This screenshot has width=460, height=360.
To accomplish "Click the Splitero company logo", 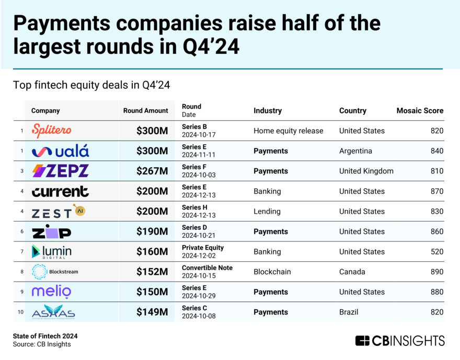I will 51,131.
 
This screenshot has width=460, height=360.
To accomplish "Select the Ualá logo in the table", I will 60,151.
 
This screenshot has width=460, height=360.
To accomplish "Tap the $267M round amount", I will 152,171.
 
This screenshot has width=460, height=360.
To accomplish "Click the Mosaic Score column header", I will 420,111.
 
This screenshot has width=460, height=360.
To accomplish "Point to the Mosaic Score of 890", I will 436,272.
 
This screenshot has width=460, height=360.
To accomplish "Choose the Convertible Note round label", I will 207,268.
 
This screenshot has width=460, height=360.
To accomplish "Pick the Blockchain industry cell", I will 272,272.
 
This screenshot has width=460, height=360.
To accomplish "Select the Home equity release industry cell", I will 289,131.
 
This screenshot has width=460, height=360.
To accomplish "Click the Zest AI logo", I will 58,211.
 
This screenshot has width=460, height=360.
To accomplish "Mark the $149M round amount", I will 152,312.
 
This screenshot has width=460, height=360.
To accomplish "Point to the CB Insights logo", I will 400,341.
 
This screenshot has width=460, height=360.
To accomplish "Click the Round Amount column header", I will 146,111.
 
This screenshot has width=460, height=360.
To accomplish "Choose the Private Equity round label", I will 203,248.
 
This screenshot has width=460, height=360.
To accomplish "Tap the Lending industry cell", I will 267,212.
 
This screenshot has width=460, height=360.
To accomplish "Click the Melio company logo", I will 52,292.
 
